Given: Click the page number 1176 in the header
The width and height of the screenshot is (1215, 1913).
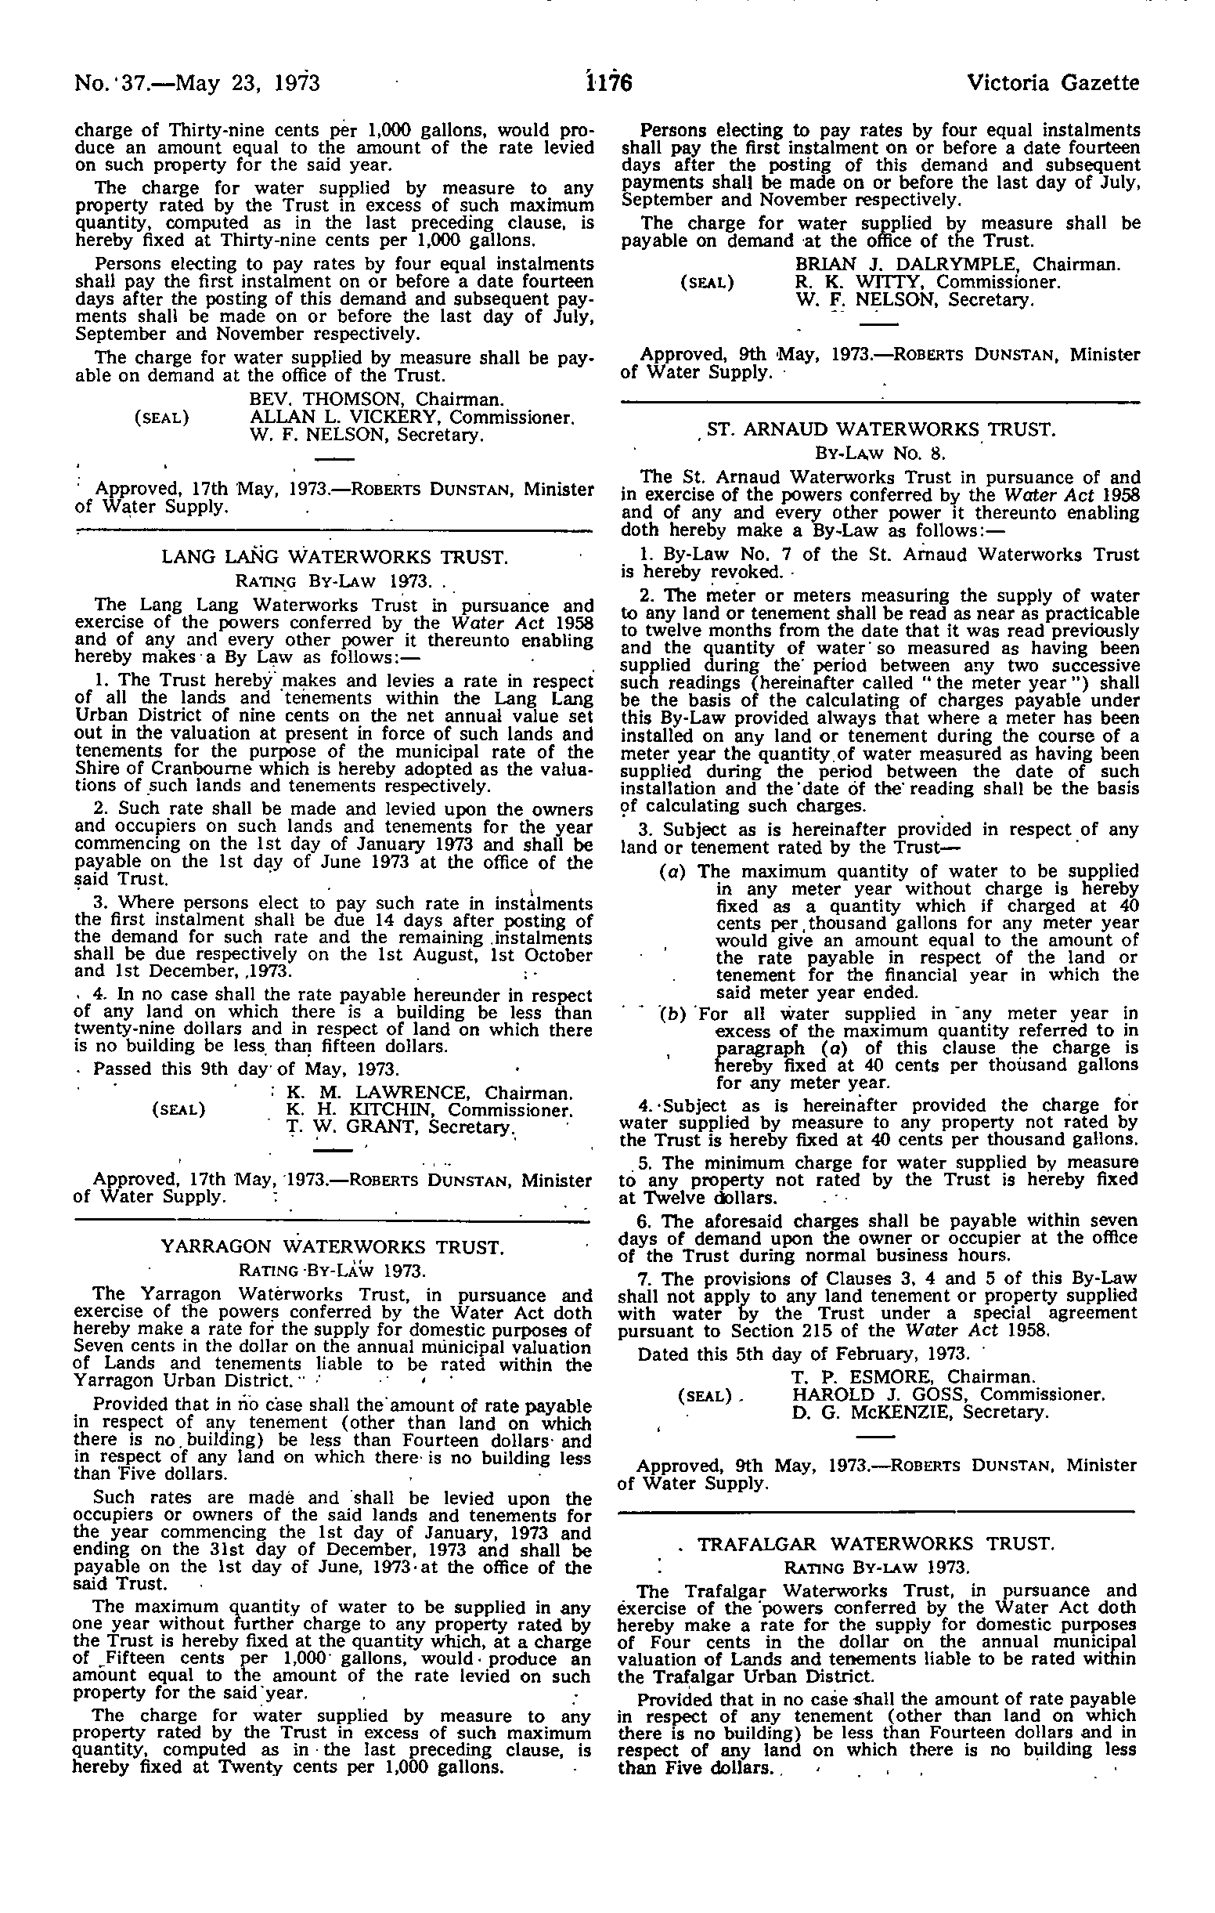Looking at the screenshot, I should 607,82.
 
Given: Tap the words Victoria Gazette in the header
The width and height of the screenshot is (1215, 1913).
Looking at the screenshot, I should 1052,82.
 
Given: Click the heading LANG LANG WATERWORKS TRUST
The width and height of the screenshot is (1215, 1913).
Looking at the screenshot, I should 333,557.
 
